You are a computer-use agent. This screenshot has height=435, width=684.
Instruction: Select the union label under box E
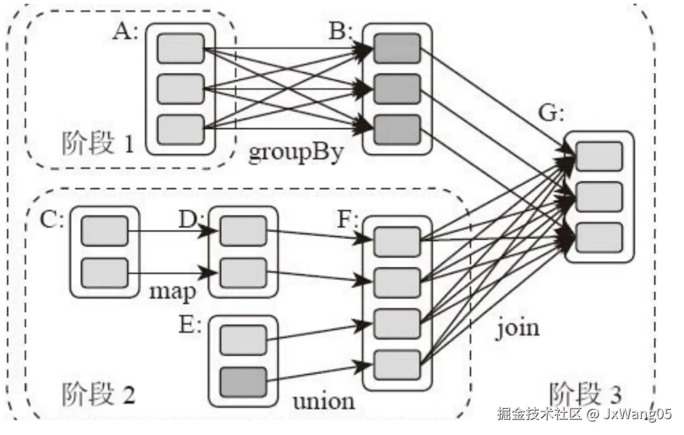323,401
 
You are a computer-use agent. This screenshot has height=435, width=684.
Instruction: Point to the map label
173,291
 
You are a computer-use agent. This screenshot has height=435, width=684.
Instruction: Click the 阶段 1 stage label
97,145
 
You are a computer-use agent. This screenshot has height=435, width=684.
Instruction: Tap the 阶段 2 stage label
97,393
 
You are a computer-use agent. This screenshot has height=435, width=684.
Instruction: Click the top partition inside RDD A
180,48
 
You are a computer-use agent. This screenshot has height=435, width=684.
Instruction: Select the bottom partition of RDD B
397,129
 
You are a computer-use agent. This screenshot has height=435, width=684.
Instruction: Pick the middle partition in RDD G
598,197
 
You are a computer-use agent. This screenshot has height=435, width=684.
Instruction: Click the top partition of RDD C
105,231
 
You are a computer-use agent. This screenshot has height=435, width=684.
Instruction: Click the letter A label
125,32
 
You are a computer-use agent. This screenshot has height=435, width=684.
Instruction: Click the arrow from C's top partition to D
171,231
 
